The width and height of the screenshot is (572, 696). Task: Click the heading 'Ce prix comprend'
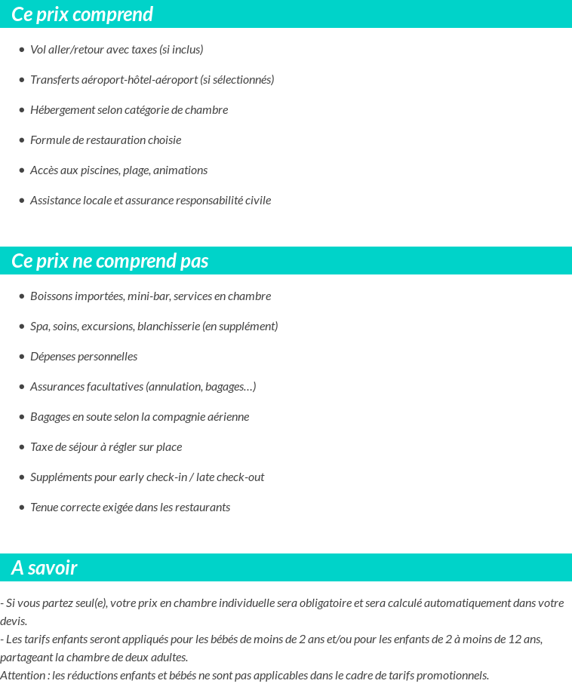[x=82, y=14]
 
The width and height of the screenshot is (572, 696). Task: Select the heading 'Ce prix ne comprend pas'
[x=110, y=261]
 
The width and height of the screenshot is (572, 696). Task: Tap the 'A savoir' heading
[x=45, y=568]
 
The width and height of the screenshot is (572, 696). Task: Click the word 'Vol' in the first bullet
[x=38, y=50]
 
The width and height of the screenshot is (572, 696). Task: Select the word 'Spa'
[x=39, y=327]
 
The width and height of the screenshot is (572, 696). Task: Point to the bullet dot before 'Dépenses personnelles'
[x=22, y=357]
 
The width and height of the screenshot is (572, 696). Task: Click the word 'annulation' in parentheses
[x=174, y=387]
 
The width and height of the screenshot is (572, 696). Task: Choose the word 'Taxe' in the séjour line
[x=42, y=447]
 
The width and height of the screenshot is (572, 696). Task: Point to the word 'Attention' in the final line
[x=23, y=676]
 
